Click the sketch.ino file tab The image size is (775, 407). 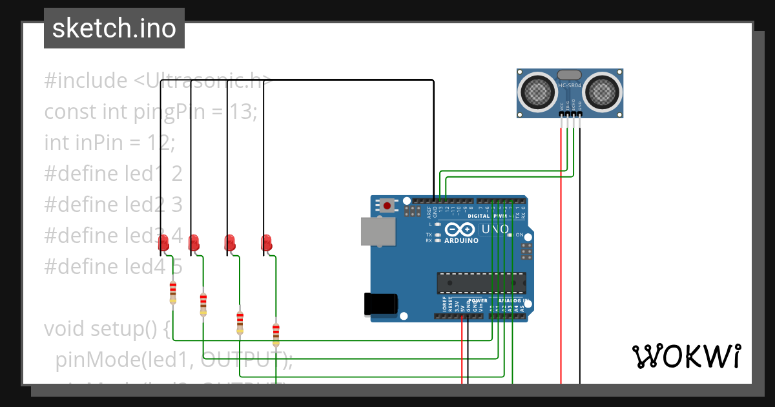114,28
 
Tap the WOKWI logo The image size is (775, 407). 685,356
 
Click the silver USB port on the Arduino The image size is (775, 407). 377,231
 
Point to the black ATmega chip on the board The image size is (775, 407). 481,283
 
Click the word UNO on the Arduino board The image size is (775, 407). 496,229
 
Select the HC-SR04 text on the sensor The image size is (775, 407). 570,85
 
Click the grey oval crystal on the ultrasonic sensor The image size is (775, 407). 570,75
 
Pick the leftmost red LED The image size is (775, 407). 163,243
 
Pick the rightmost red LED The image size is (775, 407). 266,243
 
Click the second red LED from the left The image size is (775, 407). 194,243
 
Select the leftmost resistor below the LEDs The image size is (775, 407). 172,293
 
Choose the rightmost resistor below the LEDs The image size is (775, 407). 276,334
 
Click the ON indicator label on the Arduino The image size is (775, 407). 519,235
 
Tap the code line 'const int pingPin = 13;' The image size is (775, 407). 150,112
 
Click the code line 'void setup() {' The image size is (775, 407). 107,329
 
